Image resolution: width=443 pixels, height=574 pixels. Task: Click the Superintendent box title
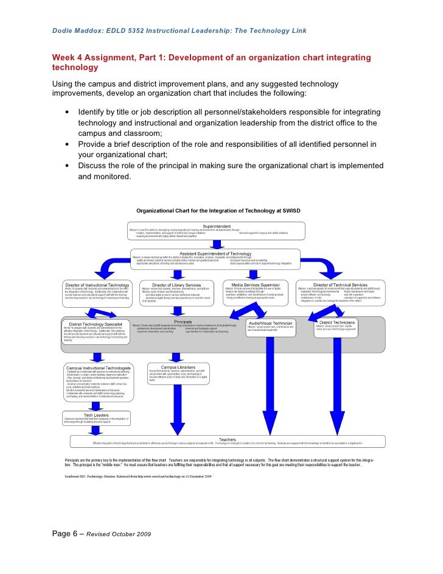216,225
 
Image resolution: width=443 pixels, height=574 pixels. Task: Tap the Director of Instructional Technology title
97,285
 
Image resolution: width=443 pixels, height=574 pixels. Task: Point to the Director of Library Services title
176,285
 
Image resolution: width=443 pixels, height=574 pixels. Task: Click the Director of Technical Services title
340,285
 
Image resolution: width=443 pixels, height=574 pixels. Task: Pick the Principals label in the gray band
183,321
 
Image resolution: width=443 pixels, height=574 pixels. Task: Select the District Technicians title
337,322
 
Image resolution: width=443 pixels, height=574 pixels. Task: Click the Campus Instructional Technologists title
99,367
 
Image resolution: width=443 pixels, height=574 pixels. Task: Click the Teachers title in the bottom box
227,439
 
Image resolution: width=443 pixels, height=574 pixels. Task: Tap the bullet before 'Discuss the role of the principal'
66,166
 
